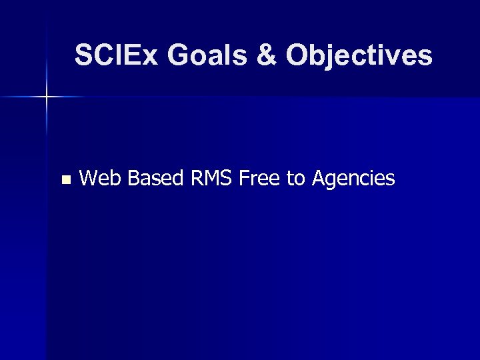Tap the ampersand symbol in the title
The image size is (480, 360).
pyautogui.click(x=267, y=55)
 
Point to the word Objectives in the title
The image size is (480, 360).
pyautogui.click(x=359, y=55)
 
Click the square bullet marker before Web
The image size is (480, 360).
pyautogui.click(x=65, y=179)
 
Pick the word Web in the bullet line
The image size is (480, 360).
pyautogui.click(x=101, y=179)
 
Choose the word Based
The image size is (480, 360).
pyautogui.click(x=155, y=179)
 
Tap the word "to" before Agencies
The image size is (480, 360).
pyautogui.click(x=295, y=179)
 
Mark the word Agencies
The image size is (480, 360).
pyautogui.click(x=353, y=179)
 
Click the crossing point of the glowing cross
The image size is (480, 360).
pyautogui.click(x=47, y=97)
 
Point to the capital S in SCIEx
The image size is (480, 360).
pyautogui.click(x=83, y=55)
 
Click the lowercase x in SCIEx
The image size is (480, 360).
pyautogui.click(x=151, y=57)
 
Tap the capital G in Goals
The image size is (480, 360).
pyautogui.click(x=178, y=55)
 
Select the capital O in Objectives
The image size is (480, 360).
pyautogui.click(x=298, y=55)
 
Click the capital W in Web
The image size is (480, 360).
pyautogui.click(x=89, y=179)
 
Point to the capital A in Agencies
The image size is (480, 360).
pyautogui.click(x=319, y=179)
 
